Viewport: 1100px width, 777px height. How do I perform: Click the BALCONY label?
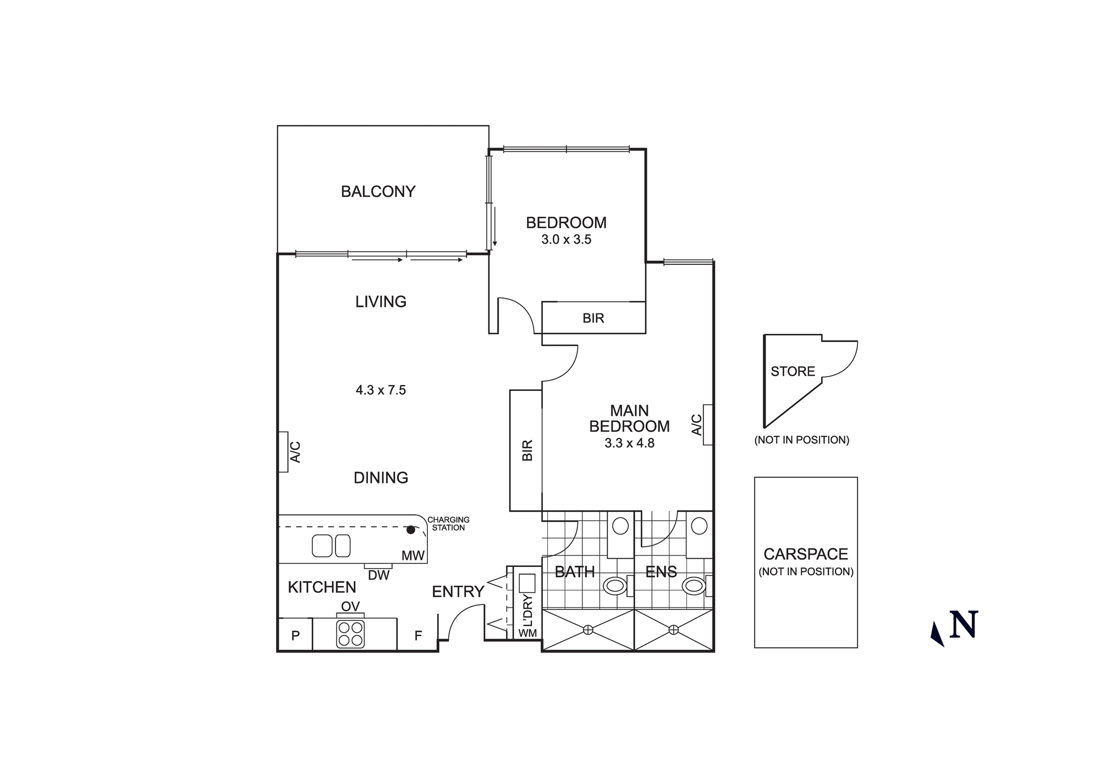(378, 191)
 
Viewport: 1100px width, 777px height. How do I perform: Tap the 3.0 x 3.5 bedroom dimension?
(566, 239)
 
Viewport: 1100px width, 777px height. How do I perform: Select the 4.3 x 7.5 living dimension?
(381, 390)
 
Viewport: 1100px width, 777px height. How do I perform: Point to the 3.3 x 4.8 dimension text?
(629, 443)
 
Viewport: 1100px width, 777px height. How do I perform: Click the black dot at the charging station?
(410, 530)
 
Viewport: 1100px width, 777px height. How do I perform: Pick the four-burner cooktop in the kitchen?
(350, 633)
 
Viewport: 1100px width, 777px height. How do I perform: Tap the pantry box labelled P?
(295, 636)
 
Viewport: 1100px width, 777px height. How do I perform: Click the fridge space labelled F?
(418, 636)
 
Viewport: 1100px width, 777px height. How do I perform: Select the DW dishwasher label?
(378, 575)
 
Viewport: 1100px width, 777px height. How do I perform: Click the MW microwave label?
(413, 555)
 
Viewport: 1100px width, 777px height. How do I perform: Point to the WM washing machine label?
(527, 633)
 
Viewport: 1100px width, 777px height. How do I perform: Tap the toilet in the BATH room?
(614, 586)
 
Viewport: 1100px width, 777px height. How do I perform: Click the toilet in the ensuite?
(694, 586)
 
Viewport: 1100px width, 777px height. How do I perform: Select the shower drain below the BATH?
(588, 630)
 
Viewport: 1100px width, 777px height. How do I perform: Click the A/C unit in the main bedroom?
(708, 425)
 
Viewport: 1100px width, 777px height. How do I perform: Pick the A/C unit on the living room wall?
(283, 451)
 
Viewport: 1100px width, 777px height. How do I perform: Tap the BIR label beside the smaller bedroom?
(593, 318)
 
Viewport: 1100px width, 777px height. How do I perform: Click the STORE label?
(793, 371)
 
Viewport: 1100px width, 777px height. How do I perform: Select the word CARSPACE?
(806, 554)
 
